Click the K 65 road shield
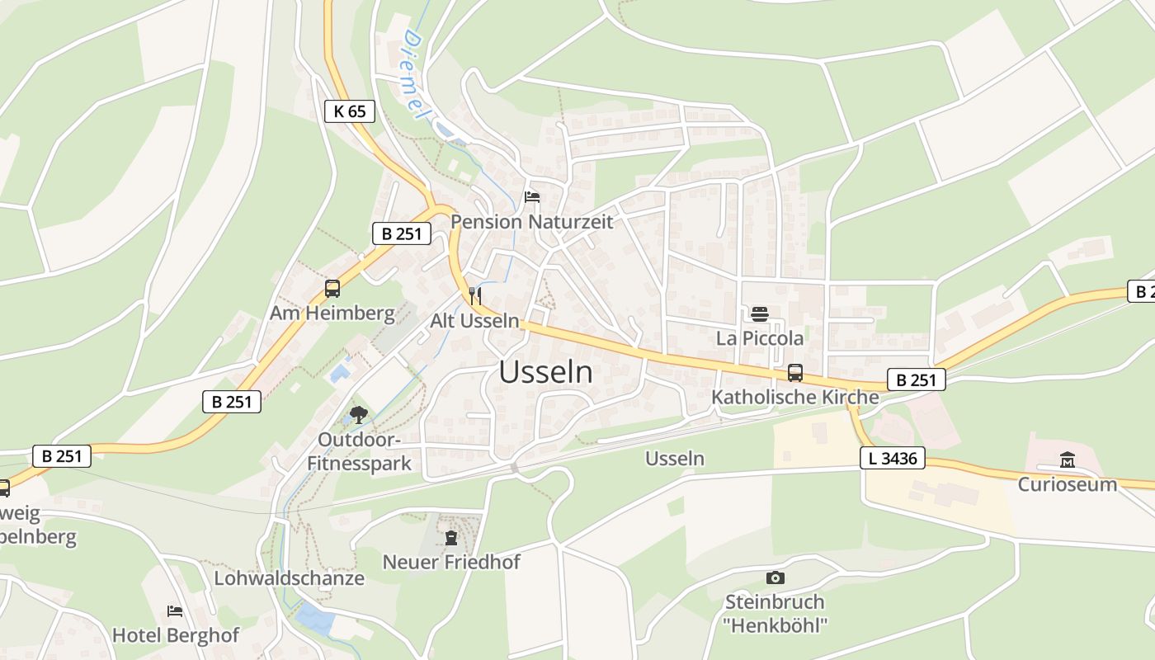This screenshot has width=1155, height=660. click(350, 111)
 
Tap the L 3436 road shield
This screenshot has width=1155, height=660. click(893, 458)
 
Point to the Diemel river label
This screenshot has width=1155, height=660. click(416, 75)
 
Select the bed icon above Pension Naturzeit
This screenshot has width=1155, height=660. click(532, 197)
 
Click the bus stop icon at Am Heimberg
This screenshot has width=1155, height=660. click(332, 289)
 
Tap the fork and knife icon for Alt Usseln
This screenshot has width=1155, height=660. click(475, 295)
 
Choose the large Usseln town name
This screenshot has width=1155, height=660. click(545, 373)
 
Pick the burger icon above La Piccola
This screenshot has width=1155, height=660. click(760, 313)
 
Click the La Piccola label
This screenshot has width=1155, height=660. click(759, 338)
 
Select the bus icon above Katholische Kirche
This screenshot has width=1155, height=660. click(795, 372)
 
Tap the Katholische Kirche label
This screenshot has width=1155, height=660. click(795, 397)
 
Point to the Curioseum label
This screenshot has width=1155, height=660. click(1067, 484)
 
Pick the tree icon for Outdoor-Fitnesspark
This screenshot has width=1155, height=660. click(358, 414)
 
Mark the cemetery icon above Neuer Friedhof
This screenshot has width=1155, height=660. click(450, 538)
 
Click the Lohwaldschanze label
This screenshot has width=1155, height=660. click(289, 578)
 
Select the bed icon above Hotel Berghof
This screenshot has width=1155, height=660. click(175, 611)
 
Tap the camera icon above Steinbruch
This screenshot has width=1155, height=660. click(775, 577)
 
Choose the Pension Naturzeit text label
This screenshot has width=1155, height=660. click(532, 222)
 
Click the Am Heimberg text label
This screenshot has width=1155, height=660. click(332, 313)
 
